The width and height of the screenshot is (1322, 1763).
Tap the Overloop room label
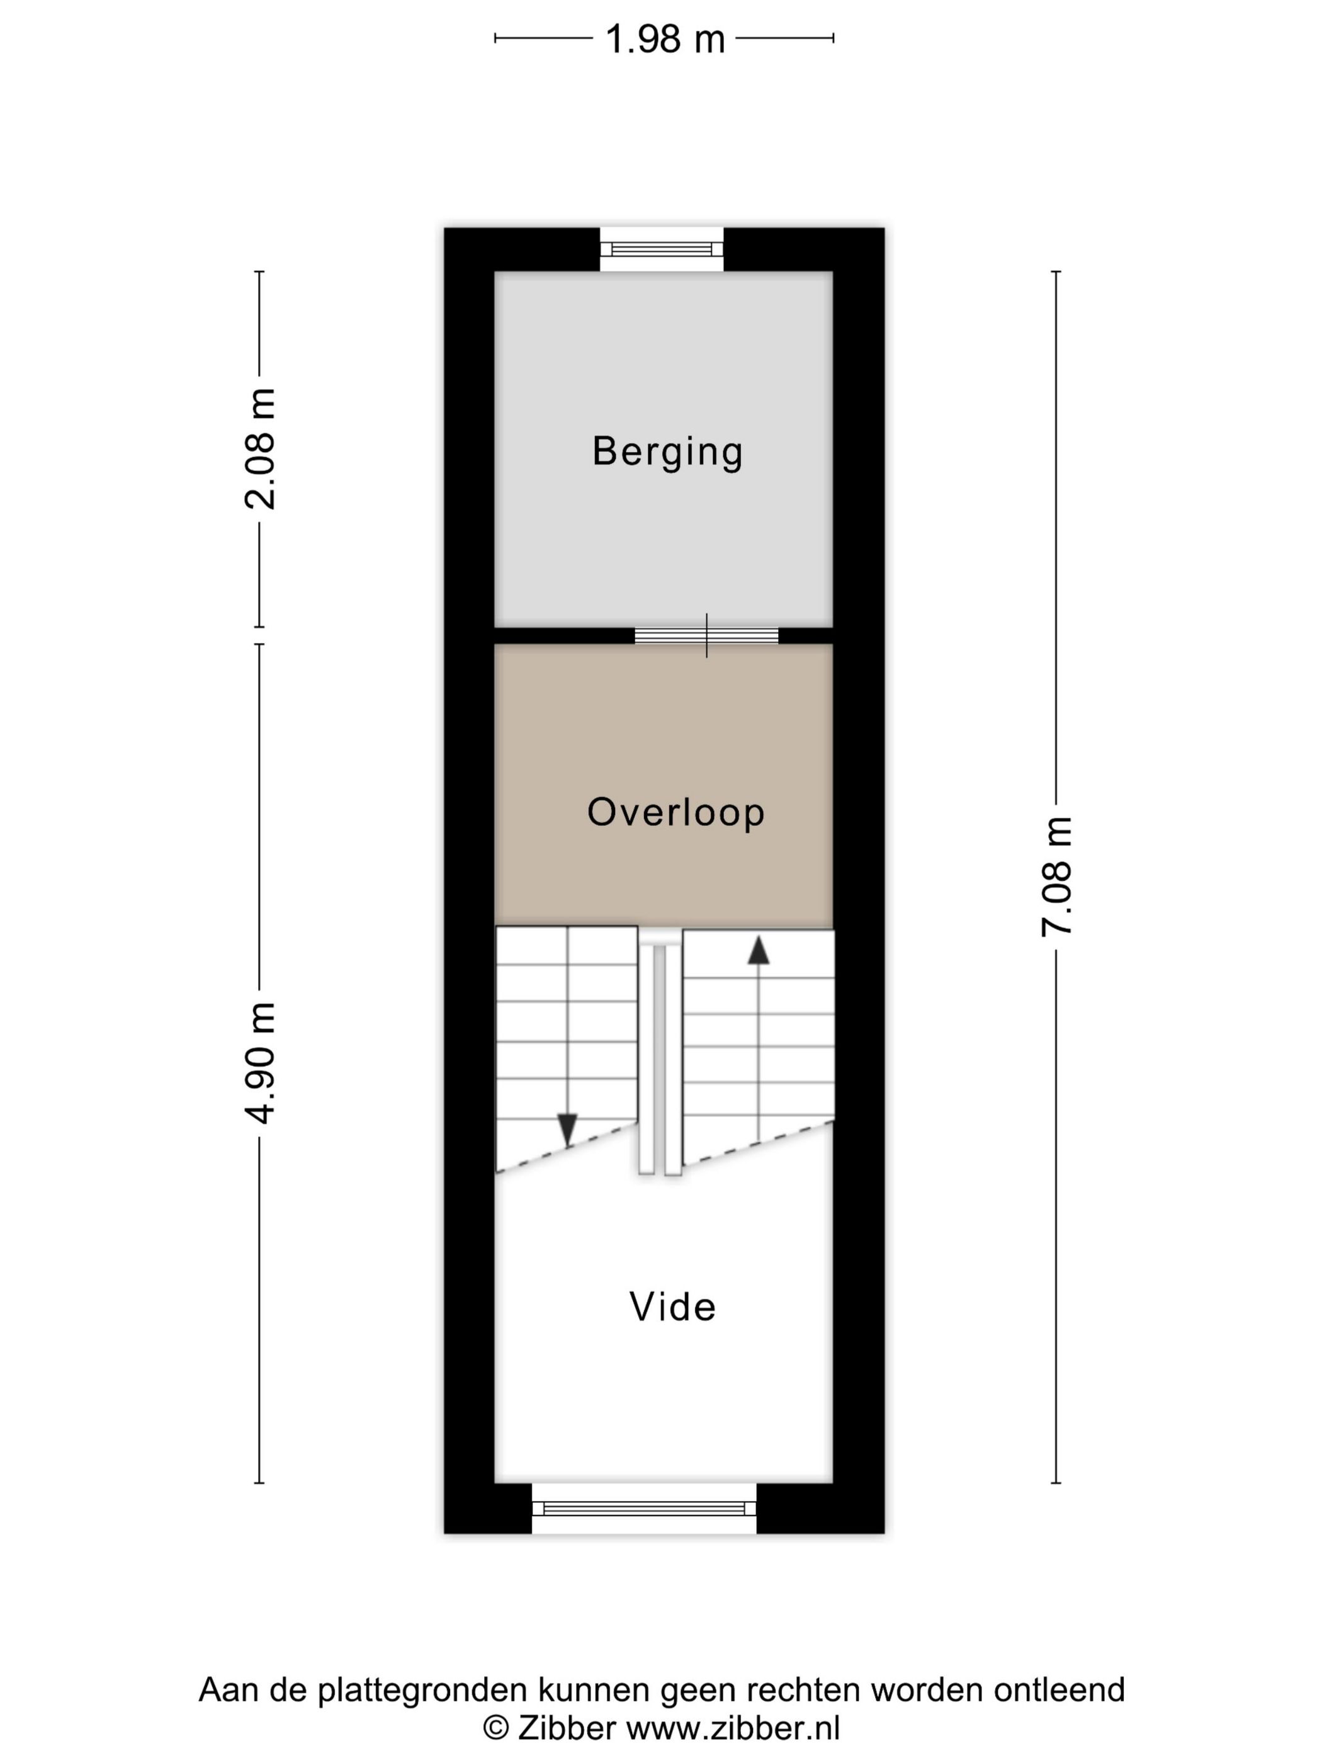click(675, 812)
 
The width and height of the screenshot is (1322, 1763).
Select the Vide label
click(672, 1307)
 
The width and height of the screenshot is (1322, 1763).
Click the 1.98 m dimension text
click(665, 39)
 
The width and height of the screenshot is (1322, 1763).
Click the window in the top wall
click(662, 249)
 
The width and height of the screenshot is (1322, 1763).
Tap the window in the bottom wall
click(644, 1508)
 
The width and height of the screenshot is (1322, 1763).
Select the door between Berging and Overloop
click(706, 635)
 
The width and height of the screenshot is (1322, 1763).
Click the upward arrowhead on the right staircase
click(758, 950)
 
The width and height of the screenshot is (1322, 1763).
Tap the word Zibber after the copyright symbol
click(567, 1728)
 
